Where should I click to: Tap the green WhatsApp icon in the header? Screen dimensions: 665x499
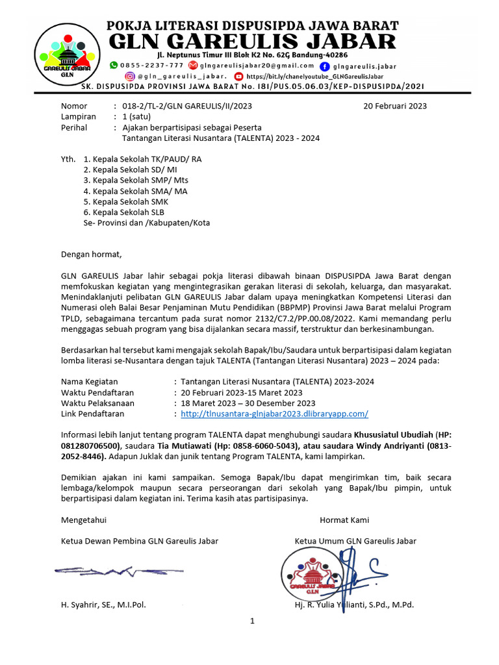pos(114,66)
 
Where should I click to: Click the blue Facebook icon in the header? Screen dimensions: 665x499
pos(324,66)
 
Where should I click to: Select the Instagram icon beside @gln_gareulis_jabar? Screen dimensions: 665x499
pos(130,76)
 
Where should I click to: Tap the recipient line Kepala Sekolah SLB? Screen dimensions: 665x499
pos(124,212)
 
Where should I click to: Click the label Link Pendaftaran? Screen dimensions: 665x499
pos(92,414)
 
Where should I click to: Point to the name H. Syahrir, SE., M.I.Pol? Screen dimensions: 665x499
pos(103,604)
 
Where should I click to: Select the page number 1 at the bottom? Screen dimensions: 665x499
pos(253,621)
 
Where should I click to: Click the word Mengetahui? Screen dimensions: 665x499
pos(83,520)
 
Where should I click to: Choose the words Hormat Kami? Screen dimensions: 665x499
pos(344,520)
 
